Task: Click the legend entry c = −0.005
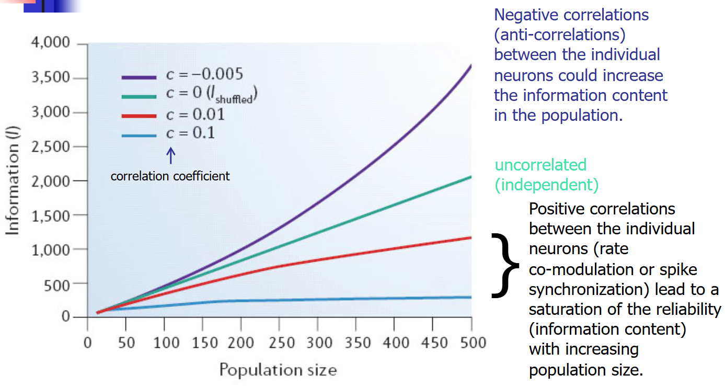pos(182,74)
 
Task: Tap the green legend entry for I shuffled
pos(190,95)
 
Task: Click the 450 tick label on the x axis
pos(433,343)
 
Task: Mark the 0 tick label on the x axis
pos(87,343)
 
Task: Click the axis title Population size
pos(278,370)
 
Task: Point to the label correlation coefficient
pos(170,176)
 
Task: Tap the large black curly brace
pos(505,265)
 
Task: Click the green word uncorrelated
pos(540,165)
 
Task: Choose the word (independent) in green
pos(546,185)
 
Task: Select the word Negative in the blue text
pos(526,15)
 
